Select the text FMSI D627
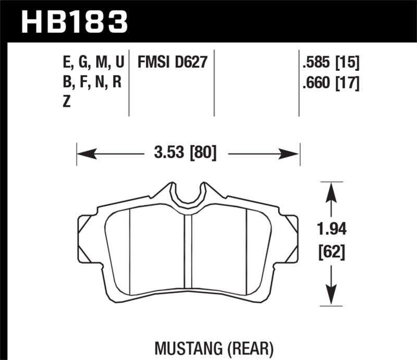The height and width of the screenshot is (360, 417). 173,63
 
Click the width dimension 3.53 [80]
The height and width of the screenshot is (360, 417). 186,153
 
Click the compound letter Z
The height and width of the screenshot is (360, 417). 66,103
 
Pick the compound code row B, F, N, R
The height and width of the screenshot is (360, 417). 92,82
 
